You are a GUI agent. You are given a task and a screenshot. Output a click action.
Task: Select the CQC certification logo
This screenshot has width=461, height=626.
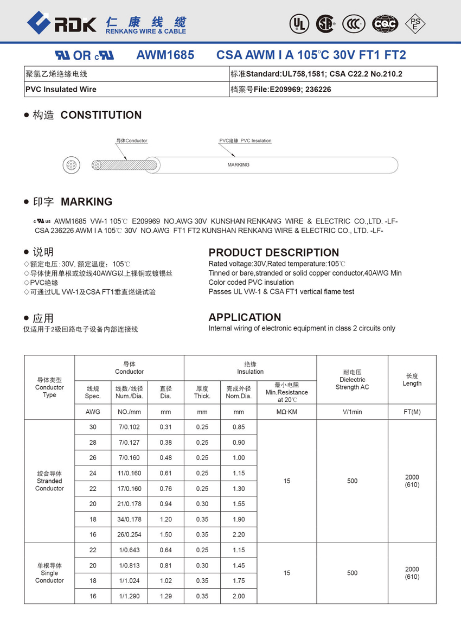[x=385, y=23]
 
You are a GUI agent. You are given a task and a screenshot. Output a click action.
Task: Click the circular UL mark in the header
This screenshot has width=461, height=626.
[x=298, y=23]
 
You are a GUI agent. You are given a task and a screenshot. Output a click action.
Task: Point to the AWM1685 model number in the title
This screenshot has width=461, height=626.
[x=165, y=55]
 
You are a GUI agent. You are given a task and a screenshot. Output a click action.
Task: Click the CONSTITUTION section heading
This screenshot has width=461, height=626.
[x=101, y=115]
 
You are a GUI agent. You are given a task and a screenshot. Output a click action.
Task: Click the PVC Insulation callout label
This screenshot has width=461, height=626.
[x=245, y=141]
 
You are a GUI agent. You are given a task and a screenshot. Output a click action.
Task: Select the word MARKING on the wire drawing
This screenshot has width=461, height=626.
[x=238, y=165]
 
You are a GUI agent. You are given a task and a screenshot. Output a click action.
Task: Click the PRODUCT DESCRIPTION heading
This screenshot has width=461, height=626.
[x=273, y=252]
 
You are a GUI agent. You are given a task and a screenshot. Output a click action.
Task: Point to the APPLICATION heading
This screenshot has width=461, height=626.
[x=245, y=317]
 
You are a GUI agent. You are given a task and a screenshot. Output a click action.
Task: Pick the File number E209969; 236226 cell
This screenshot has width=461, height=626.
[x=333, y=90]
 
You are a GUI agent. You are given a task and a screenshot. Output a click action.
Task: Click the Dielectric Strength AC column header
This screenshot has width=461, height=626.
[x=352, y=380]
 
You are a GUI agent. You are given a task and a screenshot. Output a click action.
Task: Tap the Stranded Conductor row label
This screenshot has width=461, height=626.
[x=49, y=481]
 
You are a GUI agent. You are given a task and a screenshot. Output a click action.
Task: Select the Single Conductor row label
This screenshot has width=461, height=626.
[x=49, y=573]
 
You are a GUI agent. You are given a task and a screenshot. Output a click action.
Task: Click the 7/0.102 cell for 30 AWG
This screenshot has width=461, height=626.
[x=129, y=427]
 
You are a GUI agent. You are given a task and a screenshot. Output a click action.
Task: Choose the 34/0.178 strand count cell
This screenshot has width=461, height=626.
[x=129, y=520]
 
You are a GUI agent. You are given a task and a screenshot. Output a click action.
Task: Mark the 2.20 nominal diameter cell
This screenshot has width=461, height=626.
[x=239, y=535]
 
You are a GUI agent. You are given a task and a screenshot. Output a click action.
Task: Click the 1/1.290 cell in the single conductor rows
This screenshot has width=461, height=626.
[x=129, y=596]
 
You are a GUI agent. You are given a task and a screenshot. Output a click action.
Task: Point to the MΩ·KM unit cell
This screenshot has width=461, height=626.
[x=286, y=412]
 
